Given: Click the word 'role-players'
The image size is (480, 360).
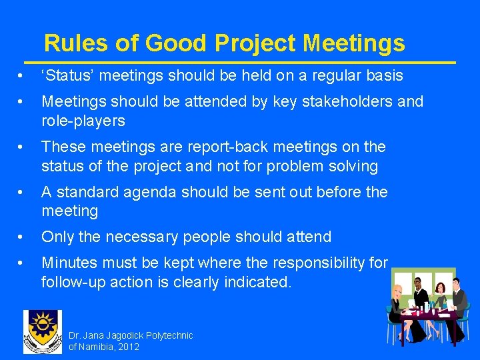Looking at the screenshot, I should (83, 121).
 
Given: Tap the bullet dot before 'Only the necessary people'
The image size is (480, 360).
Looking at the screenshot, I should (23, 237).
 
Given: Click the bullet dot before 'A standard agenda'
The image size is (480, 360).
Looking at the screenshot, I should (23, 192).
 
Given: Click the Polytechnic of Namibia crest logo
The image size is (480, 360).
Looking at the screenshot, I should (42, 331).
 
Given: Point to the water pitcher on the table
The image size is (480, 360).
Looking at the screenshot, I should (427, 307).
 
